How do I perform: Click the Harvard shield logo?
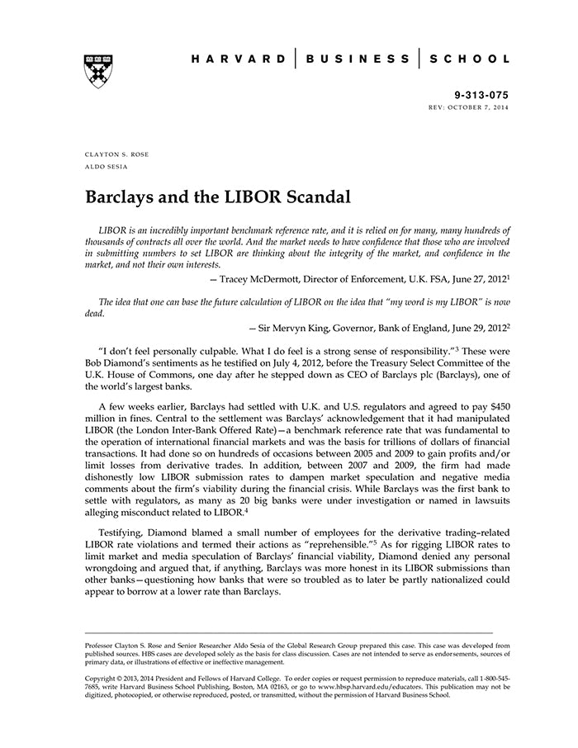(98, 70)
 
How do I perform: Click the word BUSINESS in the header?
(358, 59)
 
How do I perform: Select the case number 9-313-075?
(482, 95)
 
